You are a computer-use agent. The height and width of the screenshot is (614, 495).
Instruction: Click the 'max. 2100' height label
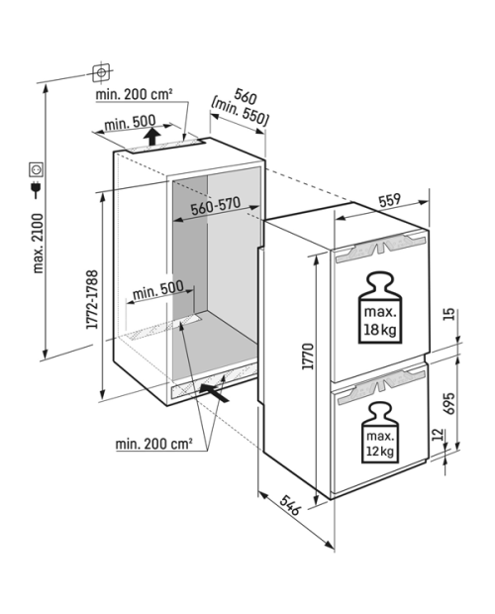click(39, 244)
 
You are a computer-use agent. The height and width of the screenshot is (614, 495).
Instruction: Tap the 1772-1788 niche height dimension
click(92, 299)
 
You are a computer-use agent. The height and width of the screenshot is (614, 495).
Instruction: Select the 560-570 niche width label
click(215, 206)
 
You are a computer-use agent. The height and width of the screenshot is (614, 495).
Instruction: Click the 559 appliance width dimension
click(390, 200)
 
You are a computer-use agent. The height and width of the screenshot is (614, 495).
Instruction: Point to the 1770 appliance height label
click(308, 357)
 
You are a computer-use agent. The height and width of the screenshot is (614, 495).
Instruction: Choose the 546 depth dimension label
click(291, 505)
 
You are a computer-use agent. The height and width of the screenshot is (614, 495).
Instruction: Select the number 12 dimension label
click(439, 435)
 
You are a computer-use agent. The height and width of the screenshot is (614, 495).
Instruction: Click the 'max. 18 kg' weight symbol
click(380, 308)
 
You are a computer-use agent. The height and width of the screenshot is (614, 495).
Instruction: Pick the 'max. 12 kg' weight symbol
click(379, 433)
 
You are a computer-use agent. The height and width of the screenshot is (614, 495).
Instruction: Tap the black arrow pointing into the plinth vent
click(214, 392)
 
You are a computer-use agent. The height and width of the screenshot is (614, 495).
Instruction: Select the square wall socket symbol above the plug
click(36, 169)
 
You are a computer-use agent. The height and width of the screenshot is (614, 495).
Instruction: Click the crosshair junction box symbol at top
click(101, 73)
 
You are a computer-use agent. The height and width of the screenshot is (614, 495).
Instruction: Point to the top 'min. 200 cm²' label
click(135, 94)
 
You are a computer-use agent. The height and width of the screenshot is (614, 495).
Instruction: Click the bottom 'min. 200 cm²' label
click(153, 444)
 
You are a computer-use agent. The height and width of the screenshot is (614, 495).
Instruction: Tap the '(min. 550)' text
click(240, 111)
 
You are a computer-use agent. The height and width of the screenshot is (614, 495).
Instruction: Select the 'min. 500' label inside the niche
click(158, 290)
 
